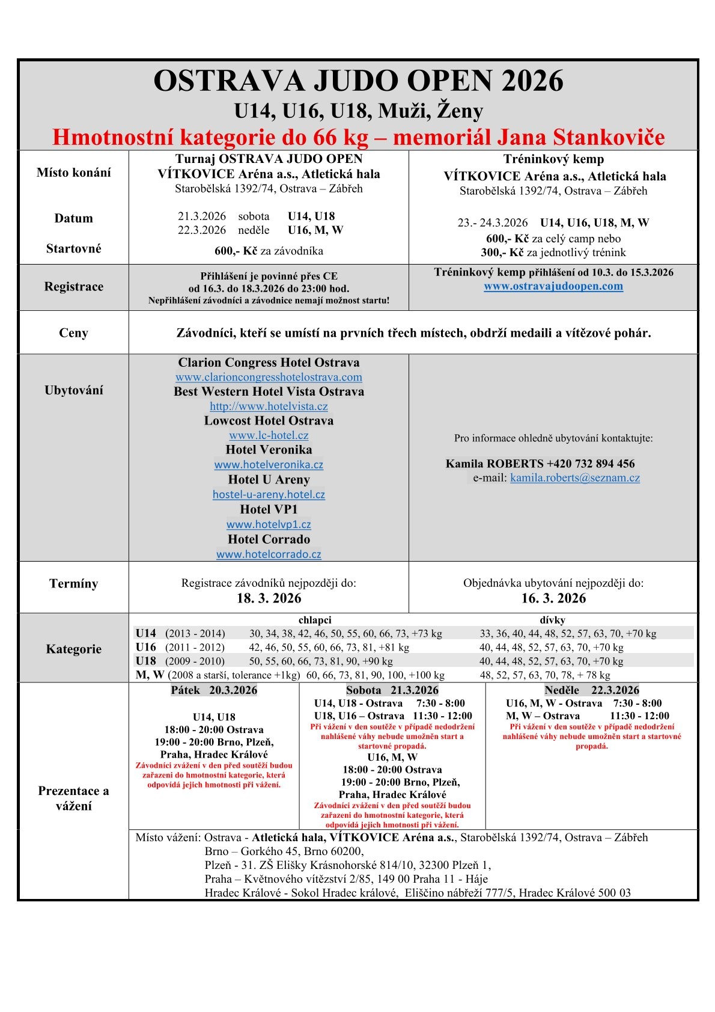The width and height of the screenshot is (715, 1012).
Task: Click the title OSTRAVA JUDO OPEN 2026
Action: click(358, 81)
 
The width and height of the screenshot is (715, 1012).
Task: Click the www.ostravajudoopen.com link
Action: click(553, 286)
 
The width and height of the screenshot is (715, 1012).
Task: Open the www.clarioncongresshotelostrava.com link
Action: click(269, 378)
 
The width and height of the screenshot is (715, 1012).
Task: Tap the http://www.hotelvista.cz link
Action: click(269, 406)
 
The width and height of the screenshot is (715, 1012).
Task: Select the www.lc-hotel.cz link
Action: click(269, 435)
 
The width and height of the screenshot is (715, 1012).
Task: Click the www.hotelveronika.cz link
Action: click(269, 465)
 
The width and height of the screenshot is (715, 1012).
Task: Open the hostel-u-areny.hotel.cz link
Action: click(269, 495)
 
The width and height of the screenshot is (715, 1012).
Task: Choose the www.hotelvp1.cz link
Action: click(269, 524)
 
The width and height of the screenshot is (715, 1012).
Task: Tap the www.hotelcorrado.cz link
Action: click(269, 554)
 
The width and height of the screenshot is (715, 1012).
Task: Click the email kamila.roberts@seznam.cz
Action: click(575, 478)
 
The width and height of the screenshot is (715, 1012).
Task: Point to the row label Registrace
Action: click(73, 287)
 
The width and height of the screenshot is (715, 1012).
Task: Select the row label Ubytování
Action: click(73, 390)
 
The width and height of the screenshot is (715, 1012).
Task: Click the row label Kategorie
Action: click(73, 649)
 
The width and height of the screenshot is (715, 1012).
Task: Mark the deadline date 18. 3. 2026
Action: click(269, 598)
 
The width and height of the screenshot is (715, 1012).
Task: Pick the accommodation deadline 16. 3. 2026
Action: click(553, 598)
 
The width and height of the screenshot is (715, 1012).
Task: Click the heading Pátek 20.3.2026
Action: click(214, 690)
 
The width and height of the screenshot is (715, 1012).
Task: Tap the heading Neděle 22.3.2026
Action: click(592, 690)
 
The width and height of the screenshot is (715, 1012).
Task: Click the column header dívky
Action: click(552, 620)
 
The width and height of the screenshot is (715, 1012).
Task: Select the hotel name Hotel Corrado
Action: click(269, 539)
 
